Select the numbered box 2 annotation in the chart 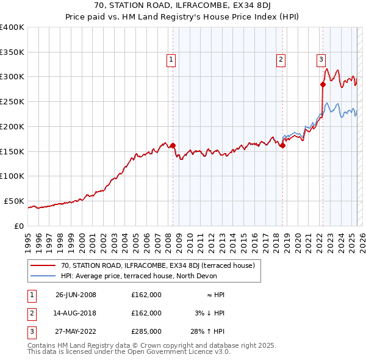(x=281, y=60)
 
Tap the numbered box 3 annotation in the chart (x=321, y=60)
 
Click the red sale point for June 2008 (x=173, y=145)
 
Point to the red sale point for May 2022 (x=323, y=84)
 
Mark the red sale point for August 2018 (x=283, y=145)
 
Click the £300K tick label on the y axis (x=12, y=77)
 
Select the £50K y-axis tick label (x=14, y=201)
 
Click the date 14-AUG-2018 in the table (x=76, y=313)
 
